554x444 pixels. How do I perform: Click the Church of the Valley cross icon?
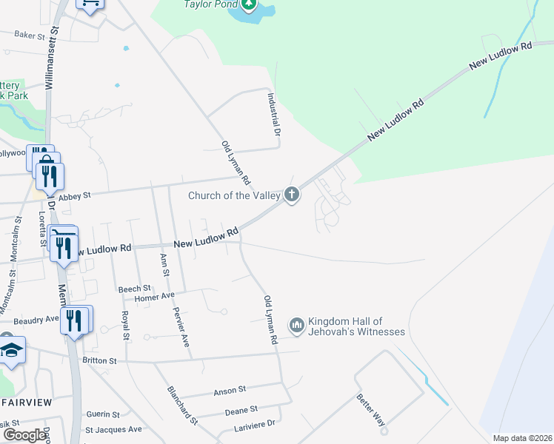point(292,195)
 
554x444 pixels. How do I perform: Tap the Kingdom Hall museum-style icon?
point(296,326)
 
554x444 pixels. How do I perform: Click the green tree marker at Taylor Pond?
point(250,4)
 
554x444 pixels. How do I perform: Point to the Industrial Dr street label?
point(273,113)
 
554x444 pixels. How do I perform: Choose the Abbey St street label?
point(74,196)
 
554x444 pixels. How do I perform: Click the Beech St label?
point(135,289)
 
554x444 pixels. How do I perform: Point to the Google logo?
point(24,435)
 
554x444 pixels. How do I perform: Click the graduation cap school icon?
point(11,351)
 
